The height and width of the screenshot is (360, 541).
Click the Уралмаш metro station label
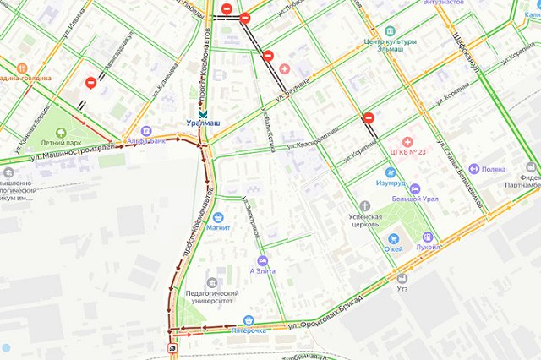point(203,124)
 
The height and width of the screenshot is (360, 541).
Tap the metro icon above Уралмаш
point(201,113)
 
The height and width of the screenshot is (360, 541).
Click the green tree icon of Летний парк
point(60,133)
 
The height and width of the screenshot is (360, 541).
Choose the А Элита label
point(263,271)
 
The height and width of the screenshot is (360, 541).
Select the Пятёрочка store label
point(249,331)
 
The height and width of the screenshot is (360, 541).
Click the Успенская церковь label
point(365,221)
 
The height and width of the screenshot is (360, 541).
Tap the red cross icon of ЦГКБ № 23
point(407,140)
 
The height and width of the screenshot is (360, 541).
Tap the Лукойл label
point(428,248)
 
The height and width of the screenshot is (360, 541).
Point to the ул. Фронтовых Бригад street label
point(326,309)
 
